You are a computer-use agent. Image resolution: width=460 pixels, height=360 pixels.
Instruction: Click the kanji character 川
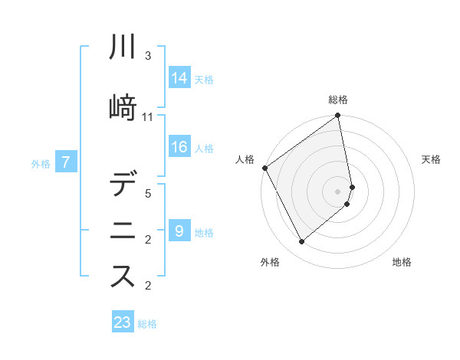tap(123, 47)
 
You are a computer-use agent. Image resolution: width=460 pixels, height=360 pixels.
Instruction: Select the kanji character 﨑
tap(123, 107)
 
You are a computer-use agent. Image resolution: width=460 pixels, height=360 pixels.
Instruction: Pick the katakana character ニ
tap(123, 231)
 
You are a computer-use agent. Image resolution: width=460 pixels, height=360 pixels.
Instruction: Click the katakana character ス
tap(123, 277)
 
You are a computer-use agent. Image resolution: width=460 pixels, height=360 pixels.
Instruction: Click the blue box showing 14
tap(179, 78)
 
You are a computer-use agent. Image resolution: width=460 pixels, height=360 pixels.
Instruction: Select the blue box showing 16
tap(179, 147)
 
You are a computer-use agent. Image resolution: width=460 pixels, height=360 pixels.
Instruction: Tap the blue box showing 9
tap(179, 231)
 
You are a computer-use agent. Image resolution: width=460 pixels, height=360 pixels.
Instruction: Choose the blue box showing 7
tap(67, 162)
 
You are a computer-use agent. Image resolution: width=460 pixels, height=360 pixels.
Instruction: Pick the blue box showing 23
tap(122, 322)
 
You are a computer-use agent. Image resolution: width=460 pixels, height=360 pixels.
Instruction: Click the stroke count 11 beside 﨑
tap(148, 117)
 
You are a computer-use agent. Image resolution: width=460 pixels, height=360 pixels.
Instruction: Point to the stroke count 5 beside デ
tap(148, 195)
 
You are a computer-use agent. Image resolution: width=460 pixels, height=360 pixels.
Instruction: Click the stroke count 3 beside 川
tap(148, 56)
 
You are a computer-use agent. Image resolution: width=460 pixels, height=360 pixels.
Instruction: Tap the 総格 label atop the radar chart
tap(338, 100)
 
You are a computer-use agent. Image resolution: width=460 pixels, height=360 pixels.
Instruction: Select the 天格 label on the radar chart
tap(431, 159)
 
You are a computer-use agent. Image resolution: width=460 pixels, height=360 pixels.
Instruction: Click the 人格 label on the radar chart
tap(245, 159)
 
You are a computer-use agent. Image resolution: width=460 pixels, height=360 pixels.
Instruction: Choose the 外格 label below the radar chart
tap(270, 262)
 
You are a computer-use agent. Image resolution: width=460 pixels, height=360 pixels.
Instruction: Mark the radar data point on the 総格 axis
tap(338, 116)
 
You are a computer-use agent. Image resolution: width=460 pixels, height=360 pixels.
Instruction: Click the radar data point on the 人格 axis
tap(264, 168)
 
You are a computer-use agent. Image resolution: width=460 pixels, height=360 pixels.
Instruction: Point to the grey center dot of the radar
tap(338, 191)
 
